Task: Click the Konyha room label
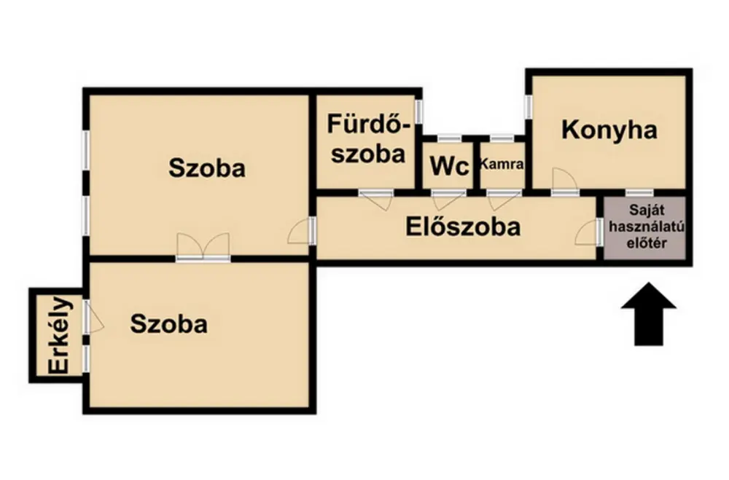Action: coord(609,130)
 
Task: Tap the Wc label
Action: coord(449,166)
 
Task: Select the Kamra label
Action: coord(502,164)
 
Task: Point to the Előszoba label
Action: coord(463,227)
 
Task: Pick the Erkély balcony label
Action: coord(61,335)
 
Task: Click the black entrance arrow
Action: coord(649,314)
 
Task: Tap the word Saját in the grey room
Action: coord(647,210)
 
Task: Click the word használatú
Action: coord(647,227)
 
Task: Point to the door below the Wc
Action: coord(448,199)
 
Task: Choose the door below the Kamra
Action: coord(504,199)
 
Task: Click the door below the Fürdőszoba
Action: coord(376,199)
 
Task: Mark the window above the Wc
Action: coord(450,138)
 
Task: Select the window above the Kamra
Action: coord(502,138)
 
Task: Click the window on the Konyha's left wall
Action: coord(528,106)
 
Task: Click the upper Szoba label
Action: coord(207,168)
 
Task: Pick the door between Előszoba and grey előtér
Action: coord(588,232)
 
